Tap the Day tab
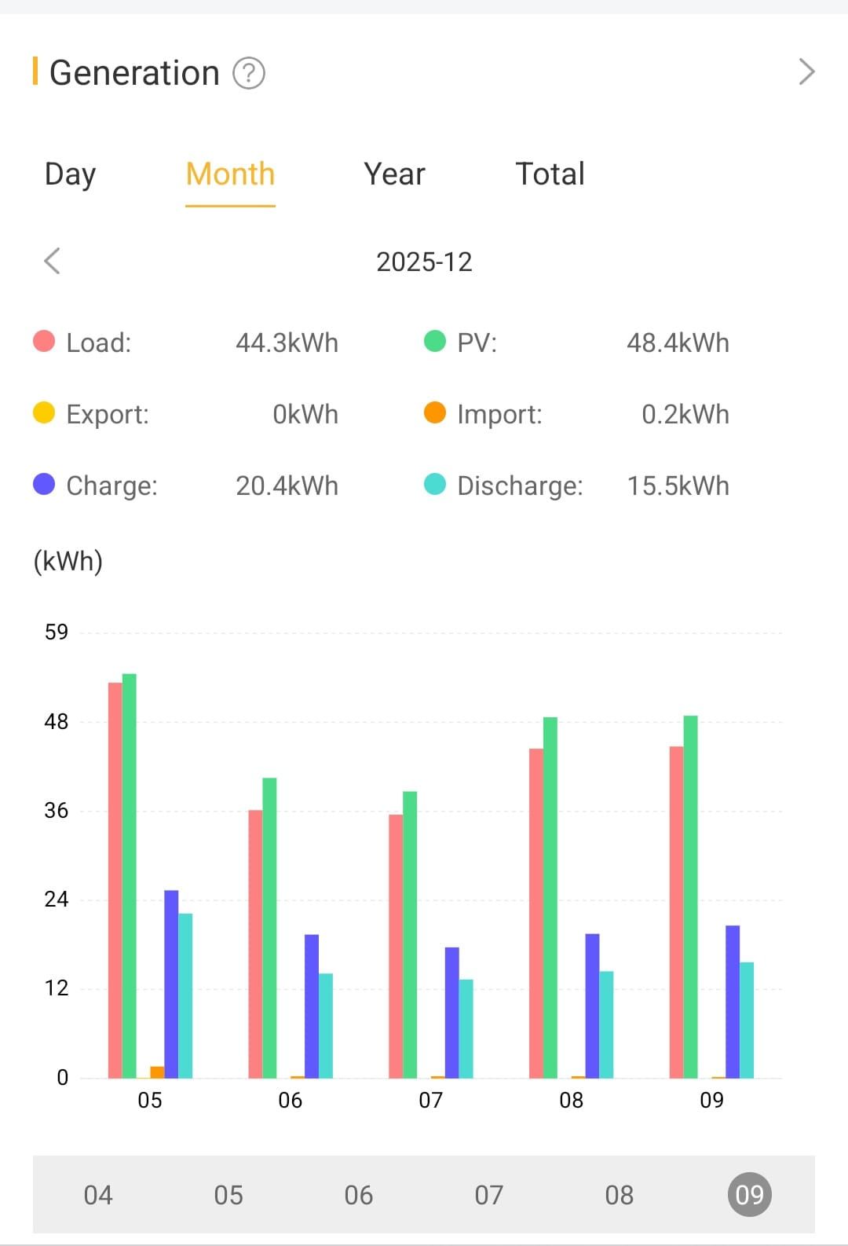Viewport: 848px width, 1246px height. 70,174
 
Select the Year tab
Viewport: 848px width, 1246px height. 394,174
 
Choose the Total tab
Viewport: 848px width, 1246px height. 550,174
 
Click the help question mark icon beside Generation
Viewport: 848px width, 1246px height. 249,74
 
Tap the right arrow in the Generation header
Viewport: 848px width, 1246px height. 806,72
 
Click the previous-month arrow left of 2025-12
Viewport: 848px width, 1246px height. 53,261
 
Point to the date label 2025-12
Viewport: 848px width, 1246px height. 424,262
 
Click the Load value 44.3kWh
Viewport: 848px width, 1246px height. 287,343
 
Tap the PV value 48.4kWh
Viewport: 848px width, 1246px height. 678,343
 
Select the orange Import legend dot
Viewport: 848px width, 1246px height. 435,412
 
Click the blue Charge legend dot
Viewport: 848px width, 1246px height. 44,484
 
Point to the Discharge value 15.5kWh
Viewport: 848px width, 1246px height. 678,486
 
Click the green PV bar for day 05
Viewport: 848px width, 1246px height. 130,875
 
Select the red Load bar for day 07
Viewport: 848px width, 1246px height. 396,946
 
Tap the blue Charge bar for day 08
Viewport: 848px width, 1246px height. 592,1006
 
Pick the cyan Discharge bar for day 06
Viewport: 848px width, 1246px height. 326,1025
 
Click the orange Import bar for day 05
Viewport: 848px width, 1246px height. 157,1072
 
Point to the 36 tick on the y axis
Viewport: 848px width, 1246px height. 56,811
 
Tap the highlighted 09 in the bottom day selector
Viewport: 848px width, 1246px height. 749,1195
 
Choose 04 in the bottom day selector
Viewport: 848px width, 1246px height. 98,1195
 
